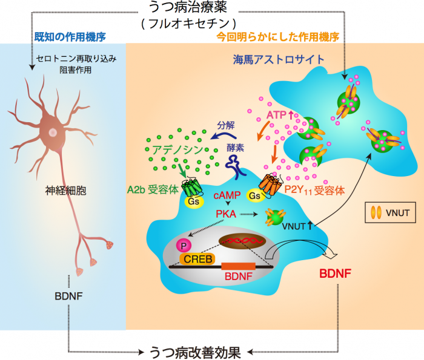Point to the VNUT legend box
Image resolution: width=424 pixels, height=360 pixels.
pyautogui.click(x=391, y=213)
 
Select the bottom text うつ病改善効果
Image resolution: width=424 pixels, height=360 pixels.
pyautogui.click(x=194, y=350)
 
